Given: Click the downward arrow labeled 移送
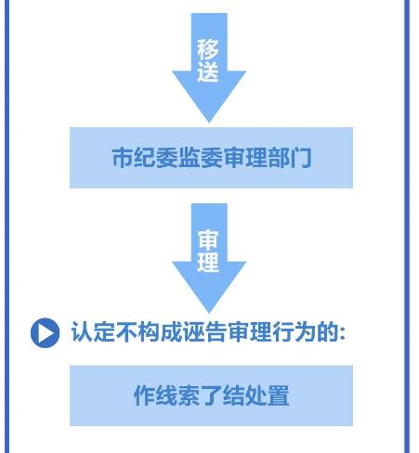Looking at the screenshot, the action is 209,67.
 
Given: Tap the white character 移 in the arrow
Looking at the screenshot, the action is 208,49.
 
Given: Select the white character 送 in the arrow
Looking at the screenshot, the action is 208,71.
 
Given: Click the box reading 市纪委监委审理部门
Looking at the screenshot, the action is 211,158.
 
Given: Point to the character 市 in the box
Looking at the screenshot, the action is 123,158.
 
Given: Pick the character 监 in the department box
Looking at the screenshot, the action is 189,158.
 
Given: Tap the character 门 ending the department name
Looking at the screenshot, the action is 300,158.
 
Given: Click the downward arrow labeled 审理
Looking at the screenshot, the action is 209,257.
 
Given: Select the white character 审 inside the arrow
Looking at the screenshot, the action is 208,240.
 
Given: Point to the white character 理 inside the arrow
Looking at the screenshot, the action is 208,263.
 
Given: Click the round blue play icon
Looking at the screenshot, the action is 45,333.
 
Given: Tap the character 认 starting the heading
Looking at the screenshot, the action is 82,331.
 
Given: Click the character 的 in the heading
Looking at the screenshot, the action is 328,331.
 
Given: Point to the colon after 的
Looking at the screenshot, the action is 342,333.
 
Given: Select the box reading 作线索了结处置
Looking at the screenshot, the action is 211,395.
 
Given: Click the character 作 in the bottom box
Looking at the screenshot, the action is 144,395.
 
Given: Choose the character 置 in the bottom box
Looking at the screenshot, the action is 279,395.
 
